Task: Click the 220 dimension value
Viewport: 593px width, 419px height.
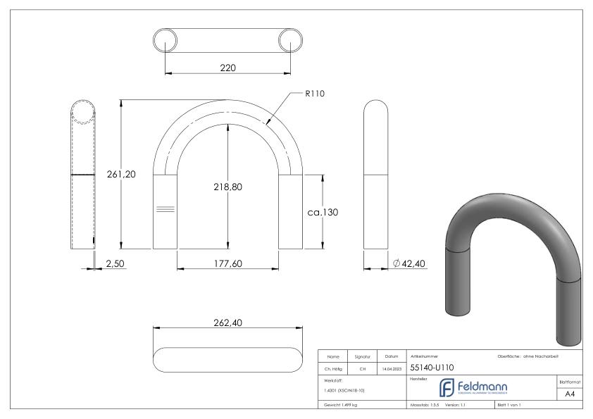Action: click(227, 68)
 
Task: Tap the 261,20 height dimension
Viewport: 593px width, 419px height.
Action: click(120, 175)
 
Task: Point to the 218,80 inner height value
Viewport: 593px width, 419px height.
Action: click(227, 188)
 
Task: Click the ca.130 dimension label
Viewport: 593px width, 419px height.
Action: click(324, 212)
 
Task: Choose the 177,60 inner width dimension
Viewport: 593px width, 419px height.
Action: click(227, 263)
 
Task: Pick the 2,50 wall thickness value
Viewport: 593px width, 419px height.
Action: click(116, 263)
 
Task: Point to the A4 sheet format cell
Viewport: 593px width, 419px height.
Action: click(571, 395)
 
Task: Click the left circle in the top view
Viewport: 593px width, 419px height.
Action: click(166, 39)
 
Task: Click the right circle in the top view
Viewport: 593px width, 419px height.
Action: click(289, 39)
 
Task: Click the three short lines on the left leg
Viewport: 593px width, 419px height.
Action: click(165, 209)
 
